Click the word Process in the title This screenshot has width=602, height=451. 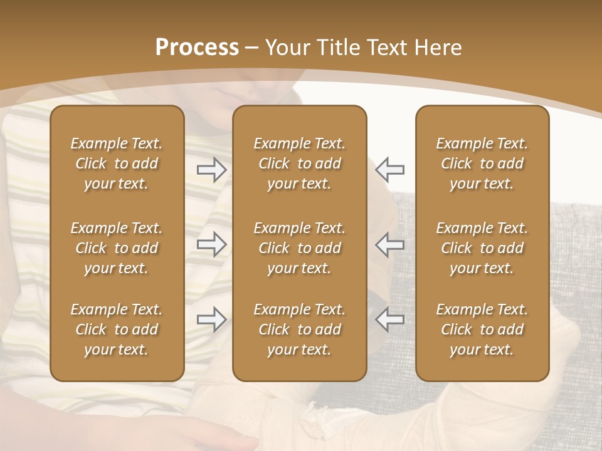tap(197, 48)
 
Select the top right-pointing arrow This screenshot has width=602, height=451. tap(212, 170)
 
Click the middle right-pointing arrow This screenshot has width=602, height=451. tap(212, 244)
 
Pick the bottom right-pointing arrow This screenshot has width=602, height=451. tap(212, 319)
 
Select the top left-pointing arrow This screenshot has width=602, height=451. tap(390, 168)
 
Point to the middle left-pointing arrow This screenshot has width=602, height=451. tap(390, 244)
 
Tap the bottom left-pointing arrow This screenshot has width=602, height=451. tap(390, 319)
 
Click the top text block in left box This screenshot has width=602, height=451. tap(117, 163)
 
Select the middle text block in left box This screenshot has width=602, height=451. tap(117, 248)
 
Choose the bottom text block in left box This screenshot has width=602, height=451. tap(117, 329)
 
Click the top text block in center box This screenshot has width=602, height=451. tap(299, 163)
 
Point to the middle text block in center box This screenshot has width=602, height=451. tap(299, 248)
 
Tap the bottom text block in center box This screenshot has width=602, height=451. tap(299, 329)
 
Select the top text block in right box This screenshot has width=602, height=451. tap(482, 163)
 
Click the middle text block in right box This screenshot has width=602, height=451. tap(482, 248)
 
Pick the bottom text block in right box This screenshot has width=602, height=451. tap(482, 329)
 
